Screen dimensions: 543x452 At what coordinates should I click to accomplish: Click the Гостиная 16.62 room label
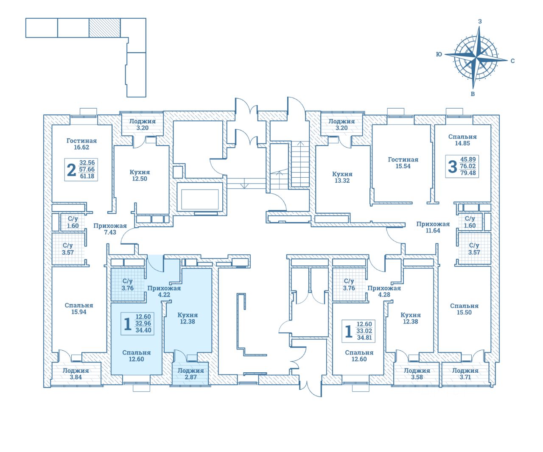pyautogui.click(x=81, y=144)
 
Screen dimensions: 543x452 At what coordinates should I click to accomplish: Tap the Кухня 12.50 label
pyautogui.click(x=140, y=176)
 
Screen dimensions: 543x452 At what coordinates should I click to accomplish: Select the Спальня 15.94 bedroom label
pyautogui.click(x=79, y=309)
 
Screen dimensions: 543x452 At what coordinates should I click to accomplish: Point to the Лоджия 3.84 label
pyautogui.click(x=76, y=374)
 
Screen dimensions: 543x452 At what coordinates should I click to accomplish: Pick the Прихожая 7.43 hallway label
pyautogui.click(x=110, y=229)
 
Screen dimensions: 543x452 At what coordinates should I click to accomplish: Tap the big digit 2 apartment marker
pyautogui.click(x=71, y=170)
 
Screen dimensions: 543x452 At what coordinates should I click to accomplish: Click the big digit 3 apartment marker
pyautogui.click(x=453, y=167)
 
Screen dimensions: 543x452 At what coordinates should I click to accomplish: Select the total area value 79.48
pyautogui.click(x=468, y=173)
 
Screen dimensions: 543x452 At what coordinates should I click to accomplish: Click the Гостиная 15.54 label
pyautogui.click(x=403, y=163)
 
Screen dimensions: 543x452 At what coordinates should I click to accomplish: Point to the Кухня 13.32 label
pyautogui.click(x=342, y=177)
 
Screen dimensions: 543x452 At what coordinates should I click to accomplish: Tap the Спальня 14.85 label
pyautogui.click(x=462, y=140)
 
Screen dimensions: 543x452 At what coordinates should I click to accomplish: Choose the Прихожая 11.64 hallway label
pyautogui.click(x=433, y=227)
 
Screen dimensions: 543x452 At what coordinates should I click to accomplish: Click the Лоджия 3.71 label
pyautogui.click(x=465, y=374)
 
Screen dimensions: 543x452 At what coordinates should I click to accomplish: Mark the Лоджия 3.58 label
pyautogui.click(x=417, y=374)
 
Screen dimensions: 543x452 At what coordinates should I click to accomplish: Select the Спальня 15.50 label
pyautogui.click(x=464, y=309)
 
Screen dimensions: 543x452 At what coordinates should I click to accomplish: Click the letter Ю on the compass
pyautogui.click(x=439, y=54)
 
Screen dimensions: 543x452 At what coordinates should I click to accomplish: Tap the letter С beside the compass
pyautogui.click(x=512, y=61)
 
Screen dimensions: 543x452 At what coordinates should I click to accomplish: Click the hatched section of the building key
pyautogui.click(x=105, y=28)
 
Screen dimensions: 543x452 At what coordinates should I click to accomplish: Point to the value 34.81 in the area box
pyautogui.click(x=364, y=338)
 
